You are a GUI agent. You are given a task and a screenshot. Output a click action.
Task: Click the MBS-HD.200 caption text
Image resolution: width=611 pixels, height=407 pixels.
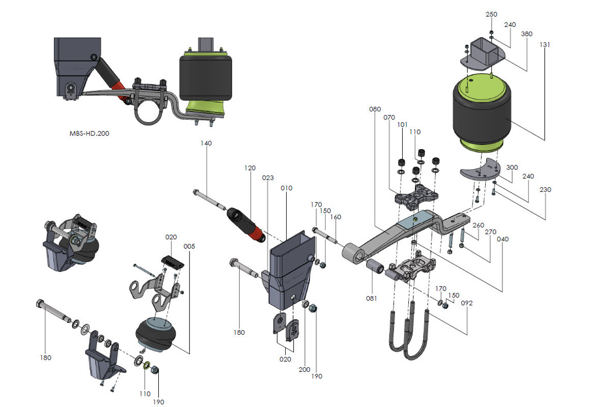(x=89, y=133)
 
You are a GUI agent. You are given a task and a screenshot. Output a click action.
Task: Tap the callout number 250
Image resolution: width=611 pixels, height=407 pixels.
(x=491, y=14)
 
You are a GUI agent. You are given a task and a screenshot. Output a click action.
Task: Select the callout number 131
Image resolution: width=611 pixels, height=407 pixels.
(x=545, y=44)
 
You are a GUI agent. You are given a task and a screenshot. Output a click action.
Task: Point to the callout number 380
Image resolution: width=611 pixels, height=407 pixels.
(x=526, y=34)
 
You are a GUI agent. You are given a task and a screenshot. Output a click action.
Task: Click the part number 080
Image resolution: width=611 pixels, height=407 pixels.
(x=375, y=109)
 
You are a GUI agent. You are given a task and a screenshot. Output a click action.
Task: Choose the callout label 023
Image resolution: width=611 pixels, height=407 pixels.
(x=268, y=178)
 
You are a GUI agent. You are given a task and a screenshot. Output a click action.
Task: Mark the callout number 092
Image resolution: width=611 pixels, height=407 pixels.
(x=467, y=303)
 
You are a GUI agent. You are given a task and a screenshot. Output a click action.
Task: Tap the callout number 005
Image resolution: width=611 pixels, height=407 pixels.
(x=189, y=246)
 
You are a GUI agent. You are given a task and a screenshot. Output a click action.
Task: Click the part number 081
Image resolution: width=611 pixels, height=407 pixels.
(x=371, y=299)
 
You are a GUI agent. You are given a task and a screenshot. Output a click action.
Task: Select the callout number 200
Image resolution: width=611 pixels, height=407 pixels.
(x=304, y=370)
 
